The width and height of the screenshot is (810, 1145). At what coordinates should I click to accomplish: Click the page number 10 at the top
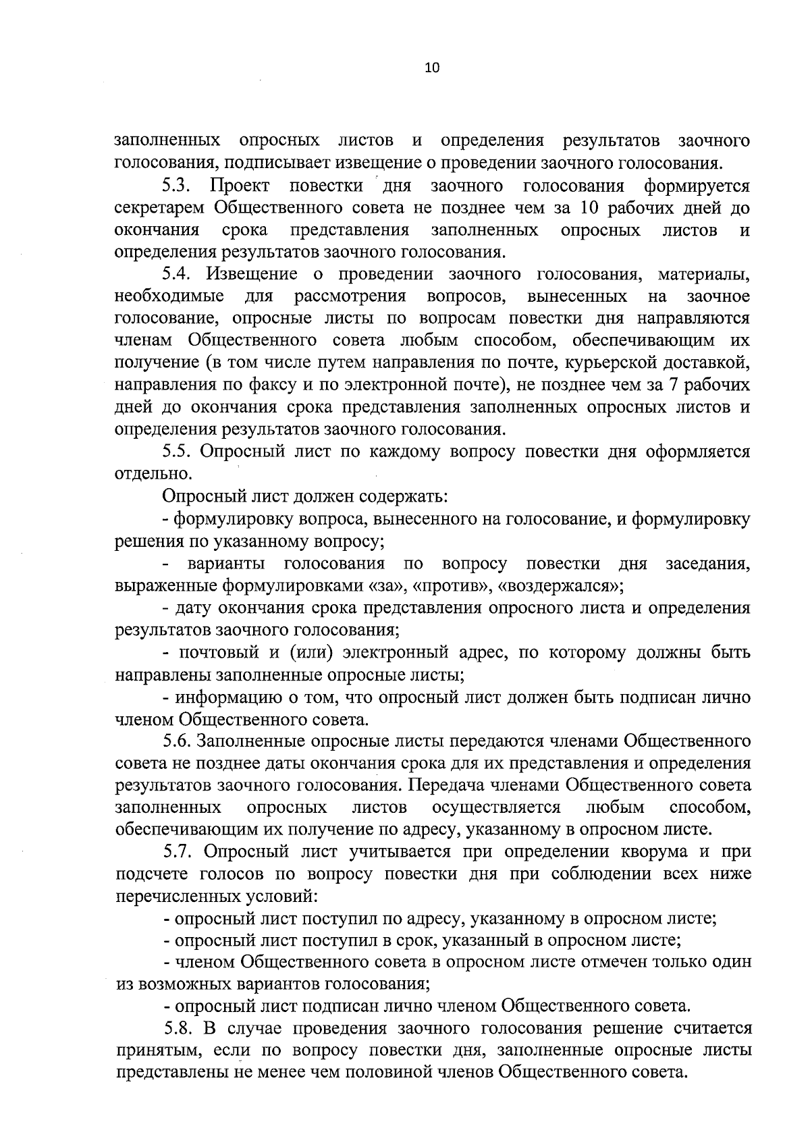pyautogui.click(x=432, y=68)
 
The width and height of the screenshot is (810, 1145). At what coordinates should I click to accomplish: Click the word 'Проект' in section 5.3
pyautogui.click(x=240, y=185)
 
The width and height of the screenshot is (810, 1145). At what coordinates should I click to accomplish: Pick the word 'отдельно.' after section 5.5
pyautogui.click(x=149, y=474)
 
